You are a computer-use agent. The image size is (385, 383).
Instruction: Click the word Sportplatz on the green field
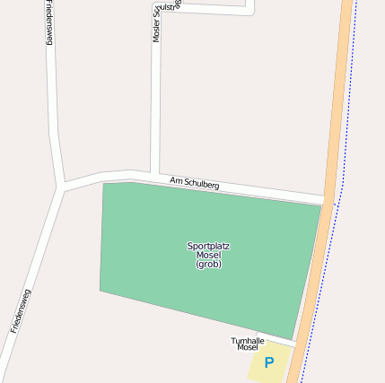pos(208,246)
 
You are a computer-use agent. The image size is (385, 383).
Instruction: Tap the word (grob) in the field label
pos(208,264)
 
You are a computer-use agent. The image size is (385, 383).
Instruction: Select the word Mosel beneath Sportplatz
pos(208,255)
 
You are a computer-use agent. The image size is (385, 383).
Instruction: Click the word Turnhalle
pos(248,341)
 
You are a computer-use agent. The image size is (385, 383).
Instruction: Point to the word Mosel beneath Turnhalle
pos(248,348)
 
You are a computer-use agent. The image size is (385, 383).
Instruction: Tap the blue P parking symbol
pos(268,362)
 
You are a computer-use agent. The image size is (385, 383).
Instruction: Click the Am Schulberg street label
pos(194,183)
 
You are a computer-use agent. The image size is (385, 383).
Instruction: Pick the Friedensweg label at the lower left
pos(21,310)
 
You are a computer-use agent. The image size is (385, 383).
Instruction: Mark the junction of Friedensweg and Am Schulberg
pos(61,187)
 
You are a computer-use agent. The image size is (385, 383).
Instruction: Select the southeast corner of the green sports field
pos(293,339)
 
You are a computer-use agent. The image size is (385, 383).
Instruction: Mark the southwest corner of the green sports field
pos(101,290)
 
